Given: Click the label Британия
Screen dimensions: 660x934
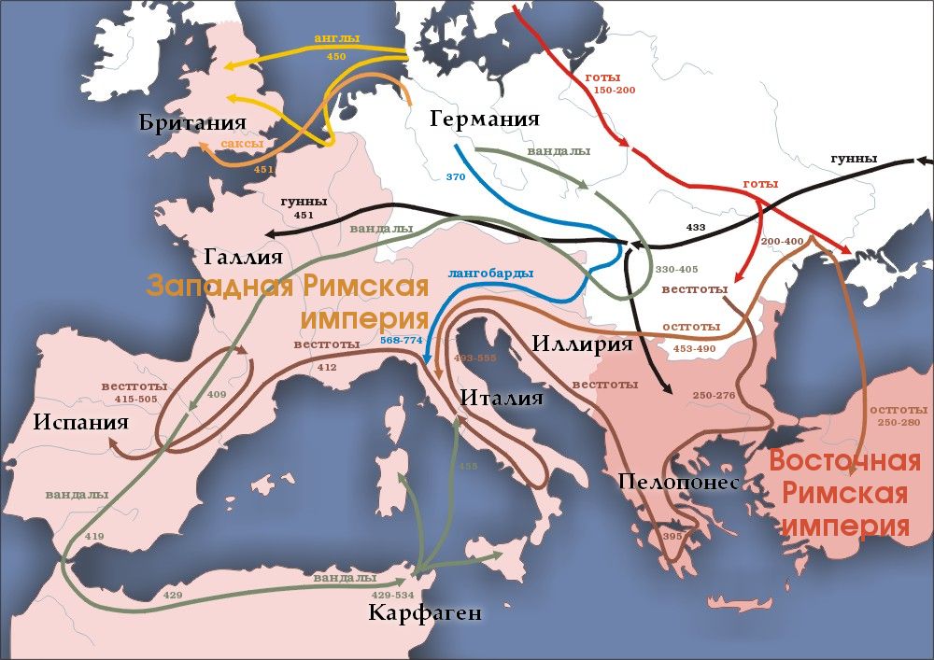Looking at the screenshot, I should (x=191, y=123).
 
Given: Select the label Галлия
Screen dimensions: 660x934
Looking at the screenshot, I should (x=246, y=257).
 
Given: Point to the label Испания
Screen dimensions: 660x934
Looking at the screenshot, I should (x=80, y=422).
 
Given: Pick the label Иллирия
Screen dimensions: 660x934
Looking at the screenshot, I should (x=583, y=343).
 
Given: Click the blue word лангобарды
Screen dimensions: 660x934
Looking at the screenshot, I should (x=490, y=274).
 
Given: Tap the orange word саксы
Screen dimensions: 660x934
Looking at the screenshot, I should (x=242, y=145).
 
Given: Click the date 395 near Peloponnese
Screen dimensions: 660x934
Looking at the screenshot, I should (x=672, y=537).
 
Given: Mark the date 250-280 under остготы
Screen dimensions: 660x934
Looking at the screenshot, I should (x=899, y=423).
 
